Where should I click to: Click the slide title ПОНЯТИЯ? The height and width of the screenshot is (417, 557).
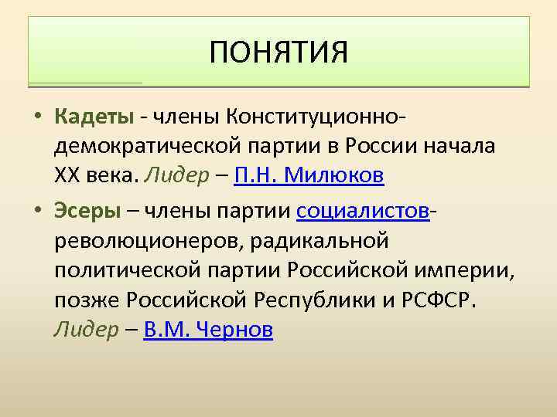(278, 53)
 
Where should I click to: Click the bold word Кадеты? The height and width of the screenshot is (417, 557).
(94, 117)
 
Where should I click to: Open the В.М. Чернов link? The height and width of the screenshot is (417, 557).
(208, 330)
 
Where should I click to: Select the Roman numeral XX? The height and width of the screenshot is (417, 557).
(68, 175)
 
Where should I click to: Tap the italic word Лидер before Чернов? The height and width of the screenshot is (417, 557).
(85, 330)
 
